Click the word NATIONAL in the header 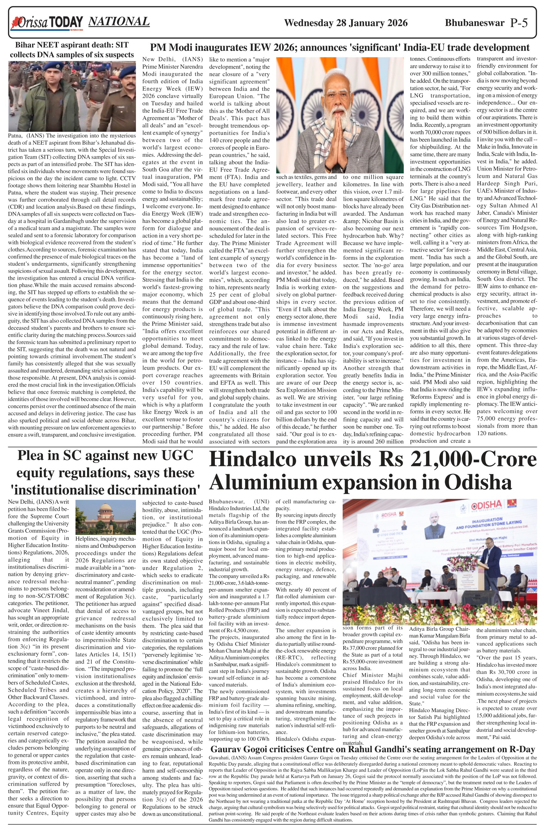click(119, 22)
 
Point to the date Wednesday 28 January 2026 click(345, 23)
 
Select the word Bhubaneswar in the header click(475, 23)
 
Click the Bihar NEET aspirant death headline click(72, 50)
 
